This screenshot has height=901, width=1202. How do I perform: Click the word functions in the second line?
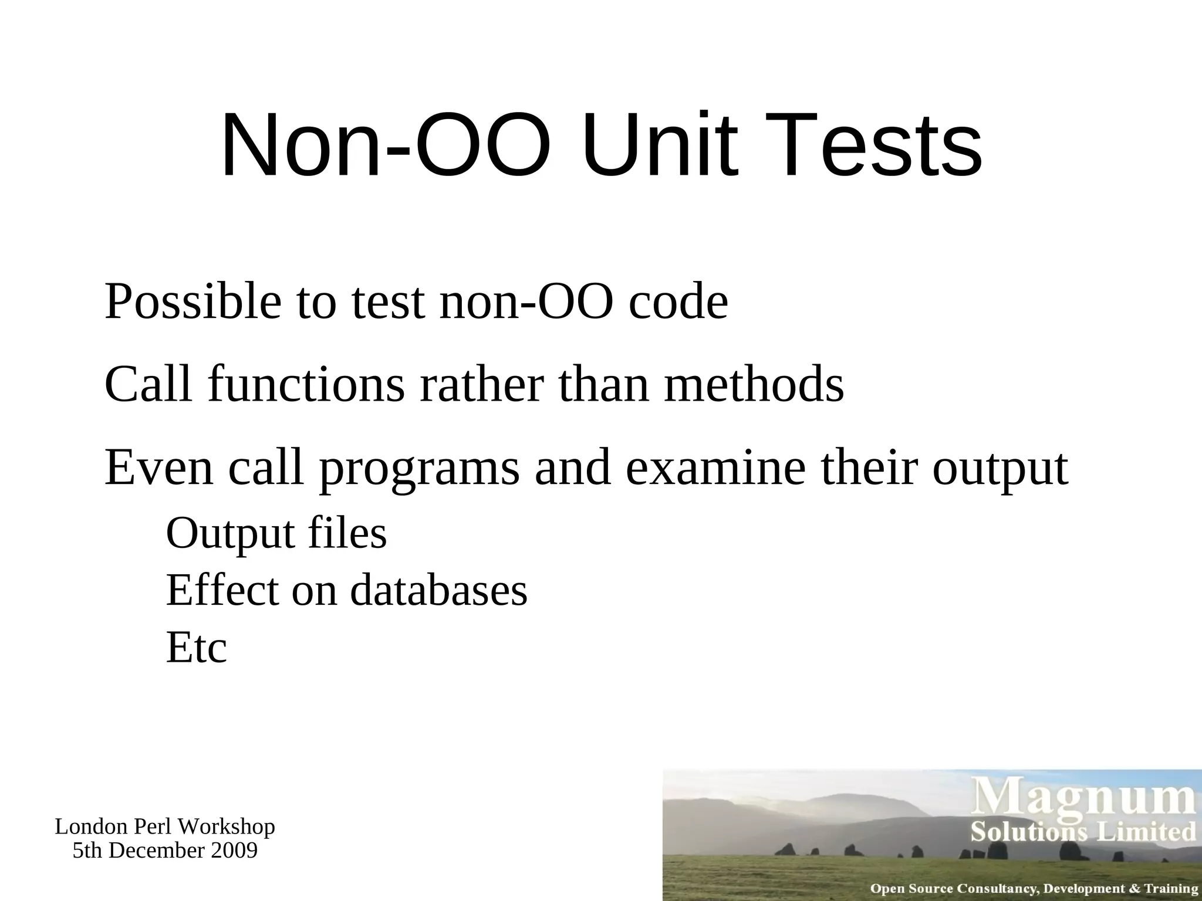[306, 385]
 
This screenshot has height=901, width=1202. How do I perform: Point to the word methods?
[754, 385]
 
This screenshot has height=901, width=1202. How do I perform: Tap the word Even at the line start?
[158, 468]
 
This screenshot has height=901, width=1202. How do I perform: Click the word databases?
[438, 590]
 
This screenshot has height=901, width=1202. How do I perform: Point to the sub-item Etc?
[196, 648]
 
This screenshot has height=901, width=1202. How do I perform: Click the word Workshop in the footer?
[226, 827]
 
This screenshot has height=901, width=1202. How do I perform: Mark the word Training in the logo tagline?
[1171, 889]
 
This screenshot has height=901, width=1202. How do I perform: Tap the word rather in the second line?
[481, 385]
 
